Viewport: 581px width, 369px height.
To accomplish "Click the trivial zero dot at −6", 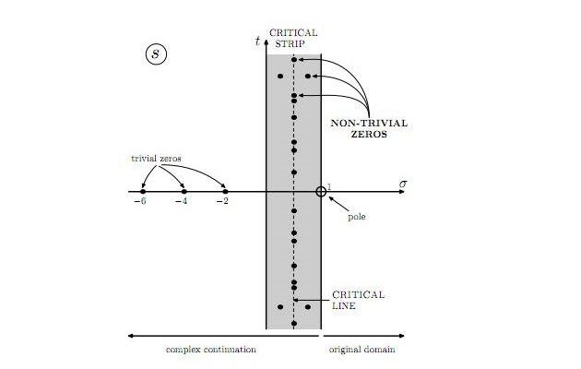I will [143, 191].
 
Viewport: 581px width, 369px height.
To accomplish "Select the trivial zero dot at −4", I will [184, 191].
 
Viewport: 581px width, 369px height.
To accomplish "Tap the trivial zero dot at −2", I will [225, 191].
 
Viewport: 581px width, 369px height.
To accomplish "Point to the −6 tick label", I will [140, 202].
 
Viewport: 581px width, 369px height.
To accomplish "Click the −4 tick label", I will [182, 202].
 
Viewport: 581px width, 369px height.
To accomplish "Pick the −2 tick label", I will [222, 202].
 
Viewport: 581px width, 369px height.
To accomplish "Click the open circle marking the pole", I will [321, 191].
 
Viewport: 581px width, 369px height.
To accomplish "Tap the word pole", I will [358, 218].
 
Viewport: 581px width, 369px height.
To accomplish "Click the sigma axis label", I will [402, 184].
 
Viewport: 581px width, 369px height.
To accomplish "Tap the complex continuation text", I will [210, 350].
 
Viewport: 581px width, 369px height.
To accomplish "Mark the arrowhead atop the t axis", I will [267, 42].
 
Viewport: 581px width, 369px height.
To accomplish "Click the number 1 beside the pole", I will [328, 184].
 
